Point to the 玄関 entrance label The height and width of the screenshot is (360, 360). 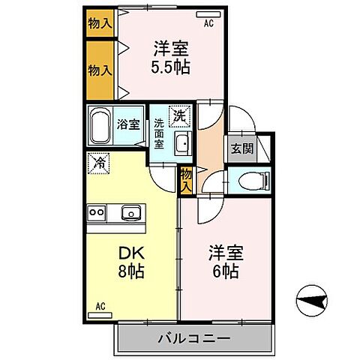241,148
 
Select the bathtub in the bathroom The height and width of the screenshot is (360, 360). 101,124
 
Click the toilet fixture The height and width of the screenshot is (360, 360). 250,179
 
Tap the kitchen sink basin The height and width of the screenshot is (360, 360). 131,212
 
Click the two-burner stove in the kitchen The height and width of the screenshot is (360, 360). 97,212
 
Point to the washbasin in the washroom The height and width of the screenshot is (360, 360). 182,143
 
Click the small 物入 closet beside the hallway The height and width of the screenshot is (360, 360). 186,179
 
